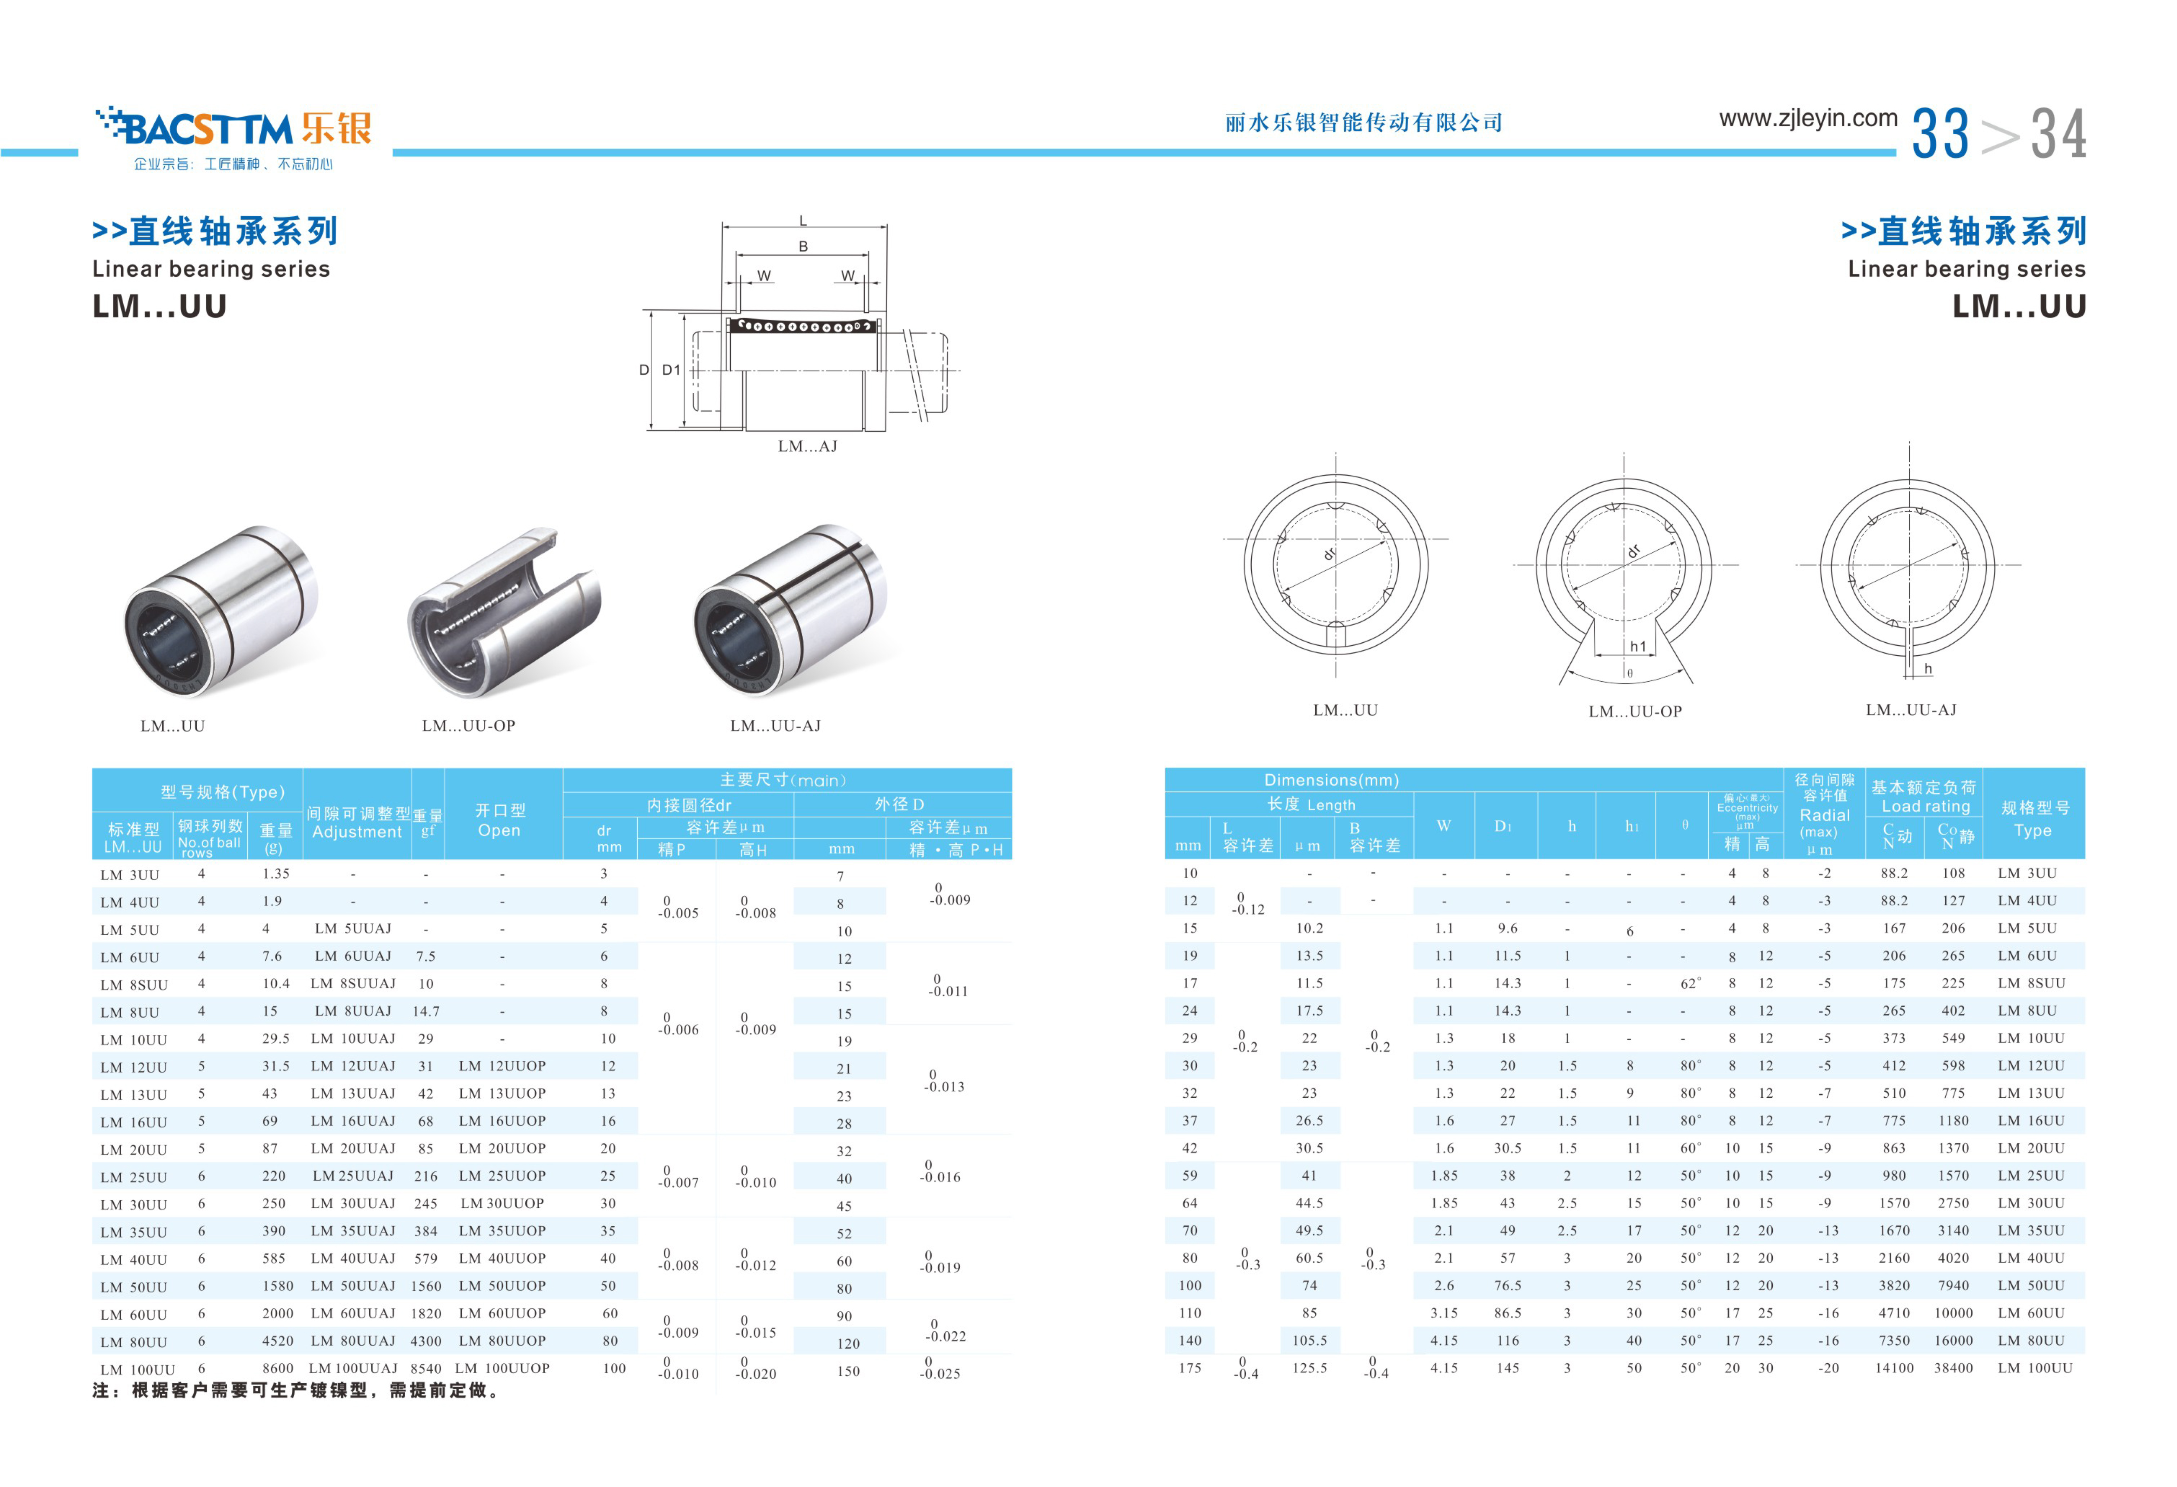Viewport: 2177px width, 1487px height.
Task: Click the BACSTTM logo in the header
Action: [x=234, y=128]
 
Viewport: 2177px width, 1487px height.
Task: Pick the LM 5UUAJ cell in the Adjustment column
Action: [x=353, y=929]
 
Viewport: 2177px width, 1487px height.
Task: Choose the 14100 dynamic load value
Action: [x=1894, y=1368]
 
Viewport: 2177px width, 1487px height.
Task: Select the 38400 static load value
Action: [x=1953, y=1368]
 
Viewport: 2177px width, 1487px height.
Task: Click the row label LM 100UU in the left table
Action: [x=137, y=1370]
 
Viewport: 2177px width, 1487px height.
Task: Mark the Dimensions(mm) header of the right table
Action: [x=1331, y=779]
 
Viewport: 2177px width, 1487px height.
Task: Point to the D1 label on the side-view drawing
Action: [x=671, y=370]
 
